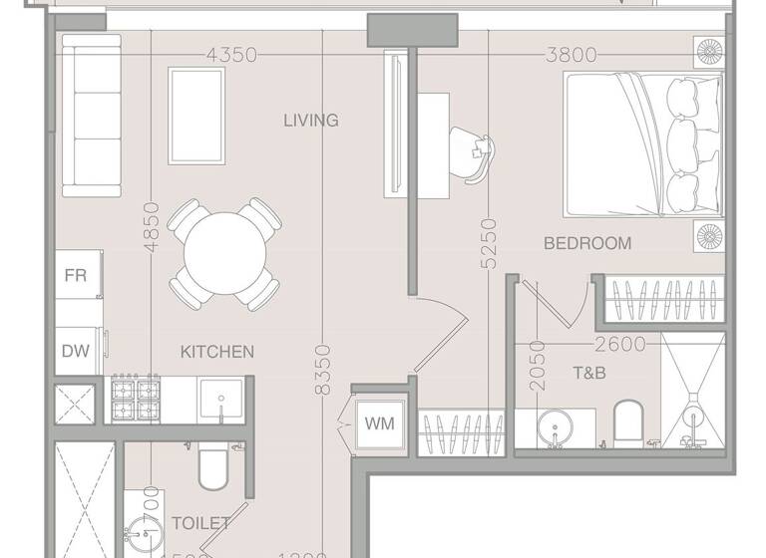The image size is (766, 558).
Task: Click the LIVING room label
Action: click(x=310, y=121)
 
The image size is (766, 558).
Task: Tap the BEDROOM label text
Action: click(x=586, y=243)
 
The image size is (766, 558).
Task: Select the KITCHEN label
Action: click(x=216, y=352)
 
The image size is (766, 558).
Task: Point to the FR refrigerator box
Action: click(x=76, y=276)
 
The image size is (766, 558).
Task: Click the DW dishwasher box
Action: click(x=75, y=351)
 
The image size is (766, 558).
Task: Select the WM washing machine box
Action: click(x=378, y=423)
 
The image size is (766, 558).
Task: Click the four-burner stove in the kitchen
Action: click(x=136, y=399)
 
